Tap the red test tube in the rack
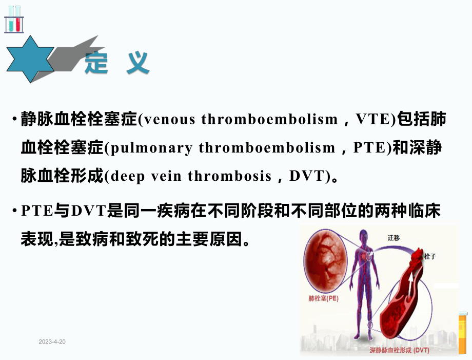click(18, 18)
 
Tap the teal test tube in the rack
click(11, 18)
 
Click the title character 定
click(96, 64)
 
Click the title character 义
click(137, 64)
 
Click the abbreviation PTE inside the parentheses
click(370, 148)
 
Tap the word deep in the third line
click(124, 176)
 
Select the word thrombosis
click(229, 176)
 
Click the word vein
click(165, 176)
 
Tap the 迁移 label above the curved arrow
click(394, 237)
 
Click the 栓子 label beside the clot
click(429, 256)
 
